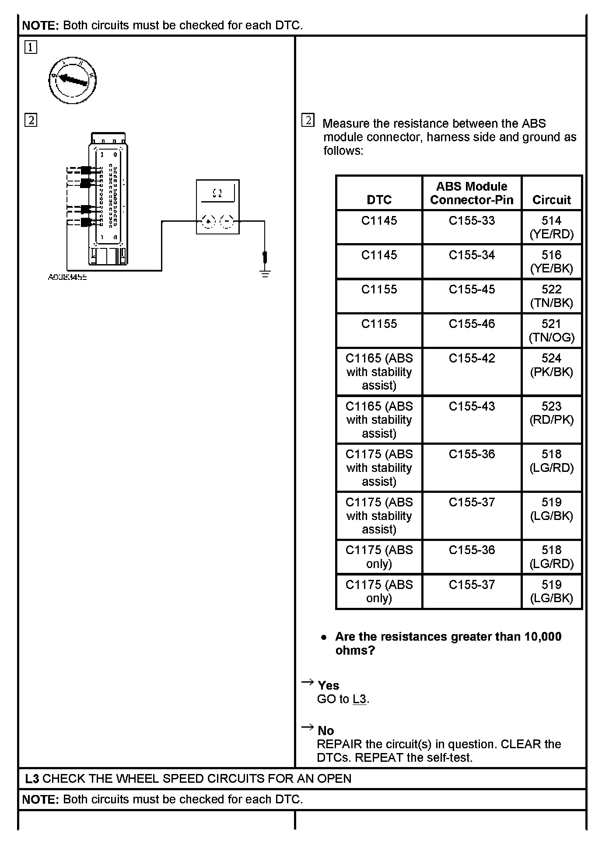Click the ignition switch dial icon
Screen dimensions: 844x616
(72, 80)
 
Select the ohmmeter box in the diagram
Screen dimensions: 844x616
(217, 206)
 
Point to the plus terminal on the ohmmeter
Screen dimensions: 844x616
(208, 222)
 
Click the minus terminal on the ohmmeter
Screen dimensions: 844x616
(227, 222)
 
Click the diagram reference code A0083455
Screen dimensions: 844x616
(67, 277)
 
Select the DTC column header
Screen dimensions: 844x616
(379, 200)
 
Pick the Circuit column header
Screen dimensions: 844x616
(551, 200)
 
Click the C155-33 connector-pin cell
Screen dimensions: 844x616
(472, 221)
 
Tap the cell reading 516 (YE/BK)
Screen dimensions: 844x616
(551, 262)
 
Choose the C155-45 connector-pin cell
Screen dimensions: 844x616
(472, 289)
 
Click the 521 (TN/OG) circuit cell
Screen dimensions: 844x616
(551, 331)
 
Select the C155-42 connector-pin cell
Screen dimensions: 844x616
(472, 359)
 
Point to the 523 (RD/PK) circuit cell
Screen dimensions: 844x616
(551, 413)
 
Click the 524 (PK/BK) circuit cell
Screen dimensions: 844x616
(551, 365)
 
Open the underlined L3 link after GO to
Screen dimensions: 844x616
(359, 699)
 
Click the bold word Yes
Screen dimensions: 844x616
(329, 685)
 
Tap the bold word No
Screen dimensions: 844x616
(326, 731)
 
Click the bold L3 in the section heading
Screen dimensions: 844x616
(32, 779)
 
